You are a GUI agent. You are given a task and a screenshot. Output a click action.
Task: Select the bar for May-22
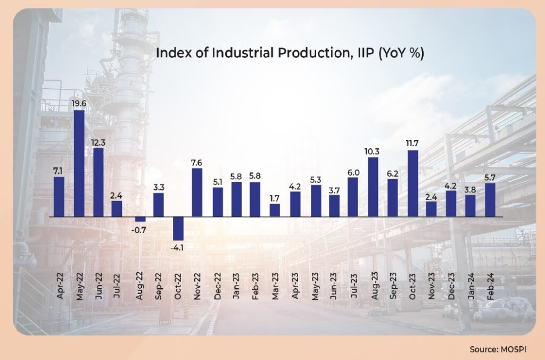pos(79,163)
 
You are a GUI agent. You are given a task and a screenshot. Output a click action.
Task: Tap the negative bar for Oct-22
pos(178,229)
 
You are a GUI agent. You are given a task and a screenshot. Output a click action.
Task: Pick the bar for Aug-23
pos(373,187)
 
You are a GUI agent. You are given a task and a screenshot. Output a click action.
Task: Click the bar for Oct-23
pos(412,183)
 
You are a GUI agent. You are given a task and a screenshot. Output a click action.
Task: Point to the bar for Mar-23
pos(275,211)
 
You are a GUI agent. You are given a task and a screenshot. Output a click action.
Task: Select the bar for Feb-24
pos(490,200)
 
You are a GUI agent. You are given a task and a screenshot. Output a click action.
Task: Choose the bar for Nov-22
pos(197,192)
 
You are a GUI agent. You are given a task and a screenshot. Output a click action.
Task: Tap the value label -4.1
pos(178,247)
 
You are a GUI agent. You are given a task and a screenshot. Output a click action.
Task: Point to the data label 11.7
pos(412,143)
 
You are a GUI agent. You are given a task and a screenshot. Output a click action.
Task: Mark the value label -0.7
pos(139,230)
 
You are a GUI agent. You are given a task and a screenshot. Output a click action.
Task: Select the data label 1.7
pos(275,197)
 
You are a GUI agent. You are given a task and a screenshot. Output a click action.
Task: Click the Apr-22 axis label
pos(59,286)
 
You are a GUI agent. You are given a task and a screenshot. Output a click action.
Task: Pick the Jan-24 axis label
pos(470,286)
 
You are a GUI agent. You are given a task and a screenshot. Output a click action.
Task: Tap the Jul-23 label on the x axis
pos(353,286)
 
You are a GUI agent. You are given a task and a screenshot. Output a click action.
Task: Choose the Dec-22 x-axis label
pos(217,286)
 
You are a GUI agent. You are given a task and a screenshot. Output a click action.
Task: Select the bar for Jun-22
pos(98,182)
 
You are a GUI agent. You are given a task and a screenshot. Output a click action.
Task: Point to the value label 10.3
pos(373,150)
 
